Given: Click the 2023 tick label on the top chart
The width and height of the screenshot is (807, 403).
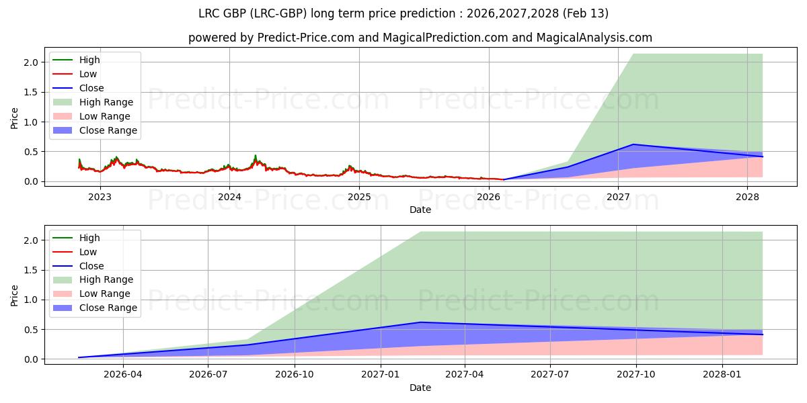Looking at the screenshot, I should (x=100, y=197).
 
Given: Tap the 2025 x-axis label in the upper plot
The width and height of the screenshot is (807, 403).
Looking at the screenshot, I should (x=359, y=197).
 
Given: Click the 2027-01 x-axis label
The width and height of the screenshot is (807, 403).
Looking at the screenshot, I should (x=381, y=375).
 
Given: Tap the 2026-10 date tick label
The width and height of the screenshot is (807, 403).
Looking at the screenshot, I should (x=295, y=375).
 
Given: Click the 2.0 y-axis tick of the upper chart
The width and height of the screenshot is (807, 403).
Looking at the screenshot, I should (x=32, y=62).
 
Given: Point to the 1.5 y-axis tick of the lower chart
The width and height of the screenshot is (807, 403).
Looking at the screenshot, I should (x=32, y=270).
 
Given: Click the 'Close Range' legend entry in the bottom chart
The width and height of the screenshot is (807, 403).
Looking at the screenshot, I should (x=108, y=308).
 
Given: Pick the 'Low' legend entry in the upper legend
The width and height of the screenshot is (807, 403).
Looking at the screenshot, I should (x=88, y=74).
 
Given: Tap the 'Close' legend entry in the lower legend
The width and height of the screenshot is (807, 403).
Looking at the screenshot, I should (x=91, y=266).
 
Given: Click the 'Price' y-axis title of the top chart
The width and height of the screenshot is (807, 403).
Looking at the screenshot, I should (x=15, y=119).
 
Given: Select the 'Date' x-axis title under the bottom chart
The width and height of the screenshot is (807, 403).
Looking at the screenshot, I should (x=420, y=388).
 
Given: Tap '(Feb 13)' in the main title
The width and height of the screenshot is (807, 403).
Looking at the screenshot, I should (x=586, y=13).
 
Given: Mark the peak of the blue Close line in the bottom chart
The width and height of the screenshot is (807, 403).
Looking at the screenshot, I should (x=421, y=322).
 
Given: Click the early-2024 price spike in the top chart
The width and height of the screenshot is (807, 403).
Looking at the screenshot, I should (x=255, y=156).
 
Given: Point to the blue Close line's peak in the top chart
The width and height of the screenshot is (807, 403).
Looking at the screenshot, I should (x=633, y=144).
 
